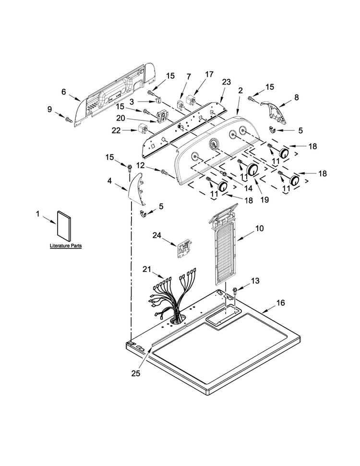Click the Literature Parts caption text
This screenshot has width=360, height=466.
(x=65, y=246)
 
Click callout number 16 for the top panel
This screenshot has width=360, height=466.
(x=280, y=303)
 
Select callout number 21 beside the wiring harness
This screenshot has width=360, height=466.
(x=147, y=269)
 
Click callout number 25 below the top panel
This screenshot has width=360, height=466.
(x=136, y=374)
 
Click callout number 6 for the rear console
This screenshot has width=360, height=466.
(x=63, y=92)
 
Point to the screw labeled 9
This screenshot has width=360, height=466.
(x=69, y=120)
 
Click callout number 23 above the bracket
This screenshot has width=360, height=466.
(x=227, y=82)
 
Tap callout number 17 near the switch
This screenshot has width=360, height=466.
(x=209, y=74)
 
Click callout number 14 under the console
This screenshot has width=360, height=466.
(x=248, y=188)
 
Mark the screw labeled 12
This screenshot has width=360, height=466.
(x=164, y=172)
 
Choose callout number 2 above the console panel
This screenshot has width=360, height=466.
(x=240, y=91)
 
